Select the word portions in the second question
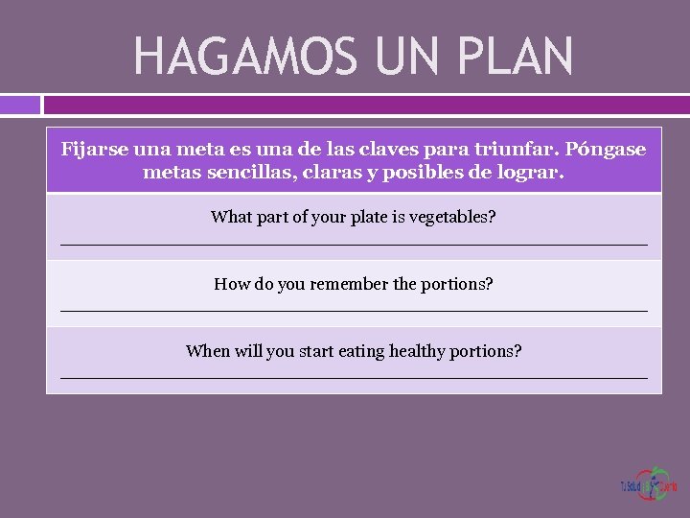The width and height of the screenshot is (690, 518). pyautogui.click(x=456, y=284)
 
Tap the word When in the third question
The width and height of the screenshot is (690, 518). pyautogui.click(x=208, y=351)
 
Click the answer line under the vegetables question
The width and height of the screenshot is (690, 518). pyautogui.click(x=354, y=245)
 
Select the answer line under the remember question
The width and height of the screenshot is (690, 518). pyautogui.click(x=354, y=311)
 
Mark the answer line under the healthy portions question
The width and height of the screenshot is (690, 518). pyautogui.click(x=354, y=378)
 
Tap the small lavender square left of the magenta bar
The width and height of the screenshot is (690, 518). pyautogui.click(x=19, y=105)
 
